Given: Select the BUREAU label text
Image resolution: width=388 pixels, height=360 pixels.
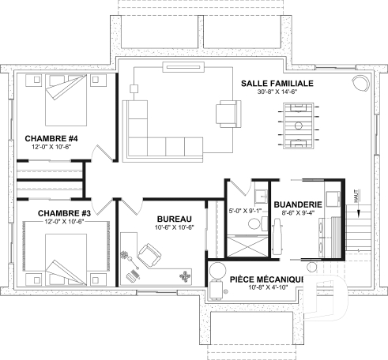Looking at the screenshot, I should pyautogui.click(x=172, y=218).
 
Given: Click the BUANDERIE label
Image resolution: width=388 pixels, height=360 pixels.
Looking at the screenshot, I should pyautogui.click(x=296, y=204).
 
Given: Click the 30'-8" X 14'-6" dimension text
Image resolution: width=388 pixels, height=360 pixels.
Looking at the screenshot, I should pyautogui.click(x=281, y=92).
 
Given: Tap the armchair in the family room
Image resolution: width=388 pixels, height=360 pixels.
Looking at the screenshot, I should pyautogui.click(x=228, y=113).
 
